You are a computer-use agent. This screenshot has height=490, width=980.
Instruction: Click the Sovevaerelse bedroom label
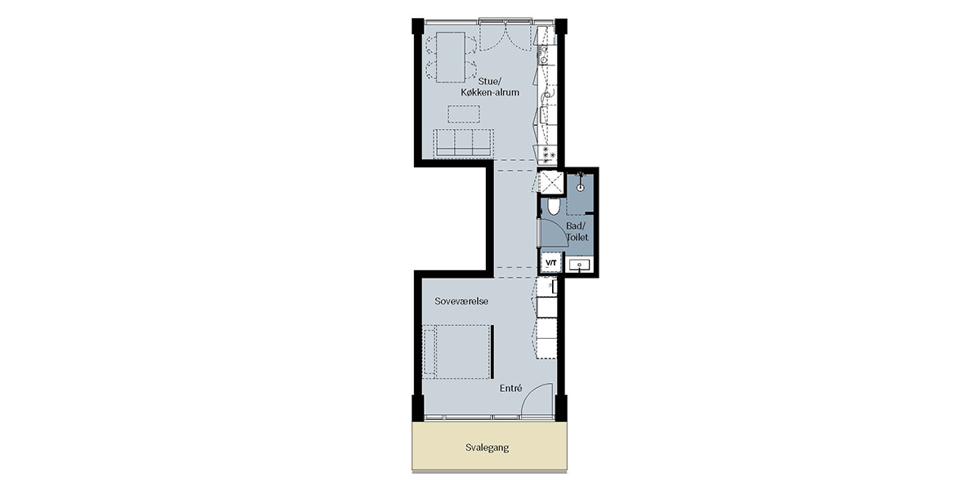[x=461, y=301]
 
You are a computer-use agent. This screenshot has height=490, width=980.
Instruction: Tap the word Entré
[x=511, y=389]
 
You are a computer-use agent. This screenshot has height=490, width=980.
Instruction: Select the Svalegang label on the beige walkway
[x=487, y=448]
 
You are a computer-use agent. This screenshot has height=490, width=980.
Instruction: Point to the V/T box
[x=550, y=263]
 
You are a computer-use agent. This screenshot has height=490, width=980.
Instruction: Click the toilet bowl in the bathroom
[x=554, y=207]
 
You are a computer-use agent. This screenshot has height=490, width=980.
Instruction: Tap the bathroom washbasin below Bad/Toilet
[x=579, y=265]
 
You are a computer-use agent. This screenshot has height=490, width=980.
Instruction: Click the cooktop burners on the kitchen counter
[x=549, y=155]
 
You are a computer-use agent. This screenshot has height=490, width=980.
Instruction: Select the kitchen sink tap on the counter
[x=548, y=94]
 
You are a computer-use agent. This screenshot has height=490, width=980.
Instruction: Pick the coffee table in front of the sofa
[x=463, y=114]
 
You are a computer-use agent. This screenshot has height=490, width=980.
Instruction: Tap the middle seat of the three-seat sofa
[x=464, y=143]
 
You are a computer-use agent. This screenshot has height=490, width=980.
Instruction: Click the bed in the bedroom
[x=457, y=352]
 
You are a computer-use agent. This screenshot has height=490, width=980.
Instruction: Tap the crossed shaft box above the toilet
[x=551, y=182]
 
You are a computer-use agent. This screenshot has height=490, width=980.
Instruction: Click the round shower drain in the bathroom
[x=580, y=188]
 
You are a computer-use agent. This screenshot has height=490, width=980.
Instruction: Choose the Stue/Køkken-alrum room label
[x=489, y=87]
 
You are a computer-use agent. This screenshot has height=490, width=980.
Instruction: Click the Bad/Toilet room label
[x=577, y=232]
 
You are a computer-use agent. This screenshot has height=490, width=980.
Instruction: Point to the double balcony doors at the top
[x=506, y=36]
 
